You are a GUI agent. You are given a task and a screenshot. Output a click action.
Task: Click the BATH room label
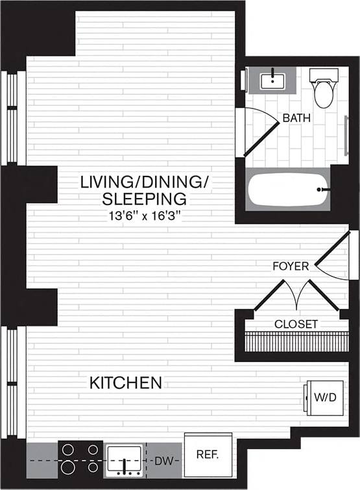pos(296,119)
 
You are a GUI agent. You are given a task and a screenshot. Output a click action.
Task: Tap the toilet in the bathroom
pos(322,89)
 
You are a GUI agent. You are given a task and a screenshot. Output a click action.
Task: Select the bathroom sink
pos(272,80)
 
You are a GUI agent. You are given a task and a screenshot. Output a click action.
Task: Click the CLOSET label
pos(296,324)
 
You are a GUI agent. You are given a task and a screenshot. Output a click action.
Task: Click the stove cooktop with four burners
pos(79,458)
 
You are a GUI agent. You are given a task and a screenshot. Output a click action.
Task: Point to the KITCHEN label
pos(126,383)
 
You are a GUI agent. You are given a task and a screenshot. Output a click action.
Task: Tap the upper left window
pos(12,117)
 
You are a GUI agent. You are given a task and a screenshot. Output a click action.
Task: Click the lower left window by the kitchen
pos(12,383)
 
